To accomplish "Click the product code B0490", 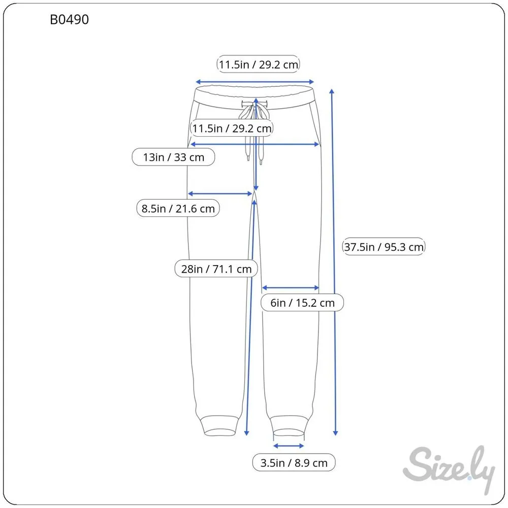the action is click(x=69, y=20).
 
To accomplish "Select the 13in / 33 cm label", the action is click(x=173, y=157).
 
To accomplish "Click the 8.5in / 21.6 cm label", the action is click(x=178, y=208).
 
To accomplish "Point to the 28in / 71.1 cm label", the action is click(x=216, y=269).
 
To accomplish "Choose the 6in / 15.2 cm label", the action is click(x=302, y=303).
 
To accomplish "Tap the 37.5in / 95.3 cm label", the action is click(x=384, y=247).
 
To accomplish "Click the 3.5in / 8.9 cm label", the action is click(x=294, y=463).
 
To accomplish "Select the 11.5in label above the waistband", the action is click(x=258, y=64).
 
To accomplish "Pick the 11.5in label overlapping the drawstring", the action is click(x=231, y=129).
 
